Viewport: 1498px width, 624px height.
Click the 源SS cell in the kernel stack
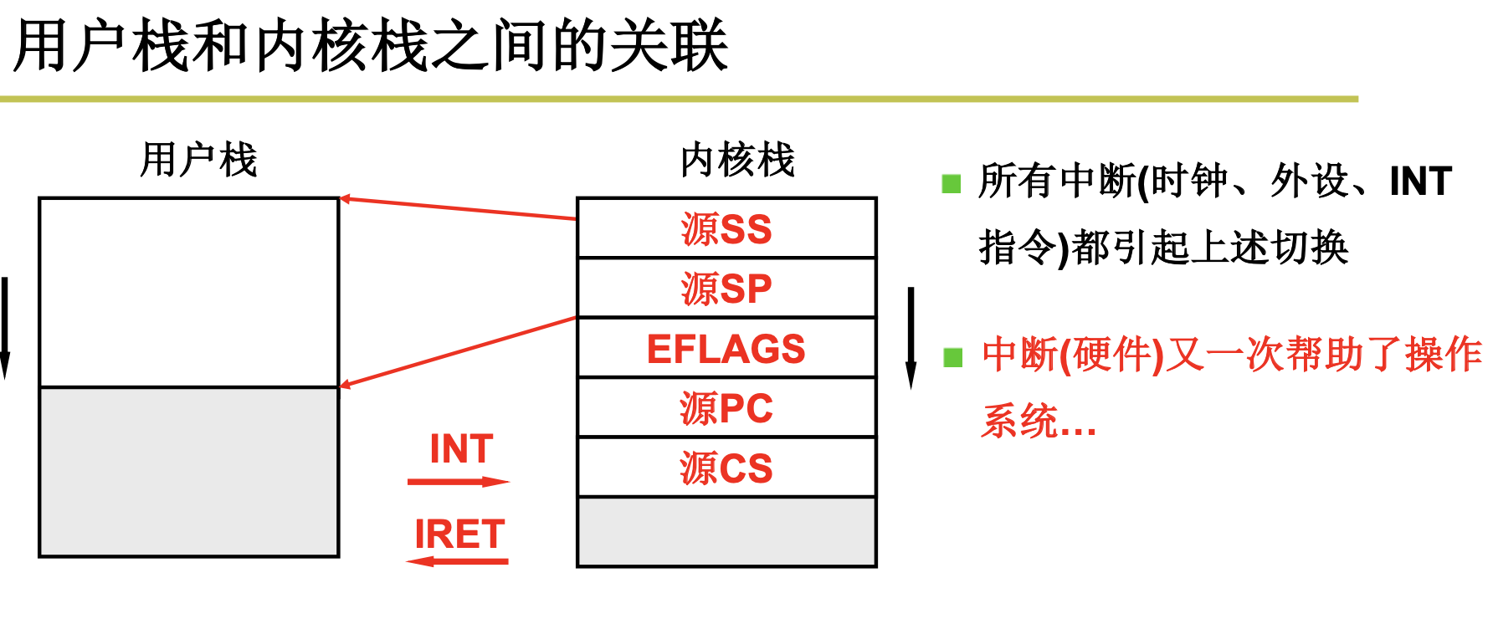coord(726,228)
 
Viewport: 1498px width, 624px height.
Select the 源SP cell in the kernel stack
coord(726,289)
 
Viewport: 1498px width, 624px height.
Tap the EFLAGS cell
coord(726,349)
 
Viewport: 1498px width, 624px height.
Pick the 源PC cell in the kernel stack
coord(726,408)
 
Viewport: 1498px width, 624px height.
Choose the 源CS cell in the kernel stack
coord(726,468)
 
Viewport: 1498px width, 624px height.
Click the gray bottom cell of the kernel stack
coord(726,532)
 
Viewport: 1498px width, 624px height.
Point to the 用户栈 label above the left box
coord(198,160)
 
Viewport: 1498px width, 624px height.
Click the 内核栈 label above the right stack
coord(737,160)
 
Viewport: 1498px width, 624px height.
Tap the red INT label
coord(461,449)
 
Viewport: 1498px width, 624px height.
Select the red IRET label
coord(459,534)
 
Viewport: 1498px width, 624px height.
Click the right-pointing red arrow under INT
coord(459,482)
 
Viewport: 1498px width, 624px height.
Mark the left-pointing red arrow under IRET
coord(458,561)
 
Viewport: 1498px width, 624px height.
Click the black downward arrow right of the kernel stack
coord(911,338)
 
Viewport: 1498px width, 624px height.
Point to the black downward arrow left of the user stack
coord(5,328)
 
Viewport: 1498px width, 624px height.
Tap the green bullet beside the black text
coord(952,183)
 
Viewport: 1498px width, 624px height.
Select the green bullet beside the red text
coord(952,358)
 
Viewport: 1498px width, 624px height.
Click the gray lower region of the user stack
coord(189,472)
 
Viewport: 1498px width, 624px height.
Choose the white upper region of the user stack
coord(189,292)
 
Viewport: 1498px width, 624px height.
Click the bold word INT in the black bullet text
coord(1420,182)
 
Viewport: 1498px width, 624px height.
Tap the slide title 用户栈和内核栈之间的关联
coord(371,46)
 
